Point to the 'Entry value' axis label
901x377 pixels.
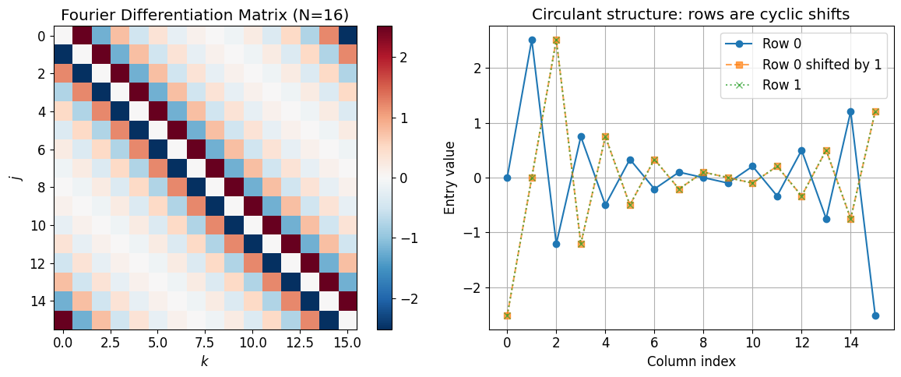click(450, 178)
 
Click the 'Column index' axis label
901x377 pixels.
click(692, 361)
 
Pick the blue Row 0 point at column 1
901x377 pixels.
click(532, 40)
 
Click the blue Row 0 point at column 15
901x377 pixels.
click(875, 315)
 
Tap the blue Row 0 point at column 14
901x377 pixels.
click(851, 111)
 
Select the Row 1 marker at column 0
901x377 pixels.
click(507, 315)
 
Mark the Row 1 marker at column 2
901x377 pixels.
click(556, 40)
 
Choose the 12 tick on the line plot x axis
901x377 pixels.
click(801, 342)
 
